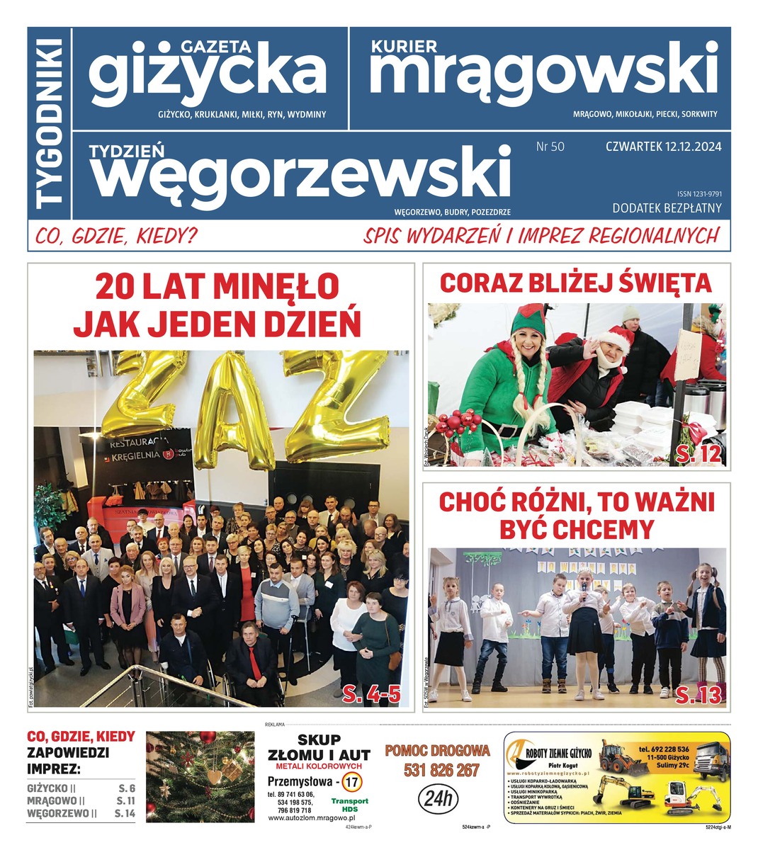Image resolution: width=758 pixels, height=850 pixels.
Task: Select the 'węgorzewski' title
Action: tap(300, 173)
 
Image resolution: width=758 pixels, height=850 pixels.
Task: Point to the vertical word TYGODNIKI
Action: tap(50, 123)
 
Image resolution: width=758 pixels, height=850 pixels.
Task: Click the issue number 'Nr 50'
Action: tap(550, 147)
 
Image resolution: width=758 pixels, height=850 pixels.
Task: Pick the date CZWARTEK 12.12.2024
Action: tap(663, 147)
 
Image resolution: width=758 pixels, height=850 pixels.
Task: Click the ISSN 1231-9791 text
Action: tap(698, 193)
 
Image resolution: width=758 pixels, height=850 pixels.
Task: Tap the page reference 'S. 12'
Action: tap(699, 454)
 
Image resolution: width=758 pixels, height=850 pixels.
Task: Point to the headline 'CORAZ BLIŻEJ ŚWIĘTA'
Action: tap(575, 283)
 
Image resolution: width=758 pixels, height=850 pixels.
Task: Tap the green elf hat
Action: tap(528, 319)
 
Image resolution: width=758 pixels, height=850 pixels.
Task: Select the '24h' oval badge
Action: tap(437, 799)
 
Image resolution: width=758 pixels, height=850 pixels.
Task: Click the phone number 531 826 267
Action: tap(441, 771)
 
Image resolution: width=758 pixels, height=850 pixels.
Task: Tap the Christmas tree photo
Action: tap(200, 777)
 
